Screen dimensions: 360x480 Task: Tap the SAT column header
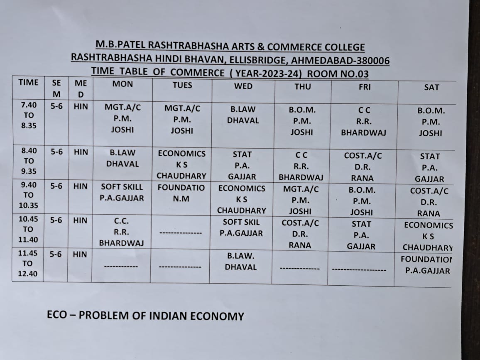click(431, 87)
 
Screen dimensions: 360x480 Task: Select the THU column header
click(302, 86)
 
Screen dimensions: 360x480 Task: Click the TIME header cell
click(28, 83)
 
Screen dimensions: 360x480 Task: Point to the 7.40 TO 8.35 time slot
click(28, 115)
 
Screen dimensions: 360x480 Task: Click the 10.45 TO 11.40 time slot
click(28, 229)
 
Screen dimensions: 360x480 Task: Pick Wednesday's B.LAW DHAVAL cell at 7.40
click(243, 115)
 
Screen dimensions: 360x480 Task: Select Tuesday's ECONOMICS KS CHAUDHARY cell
click(181, 164)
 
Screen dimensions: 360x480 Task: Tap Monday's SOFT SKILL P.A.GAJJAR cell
click(122, 193)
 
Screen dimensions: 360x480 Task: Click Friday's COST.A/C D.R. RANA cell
click(362, 167)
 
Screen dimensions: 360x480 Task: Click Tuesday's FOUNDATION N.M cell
click(181, 193)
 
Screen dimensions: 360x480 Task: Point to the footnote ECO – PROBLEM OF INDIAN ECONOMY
click(145, 316)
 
